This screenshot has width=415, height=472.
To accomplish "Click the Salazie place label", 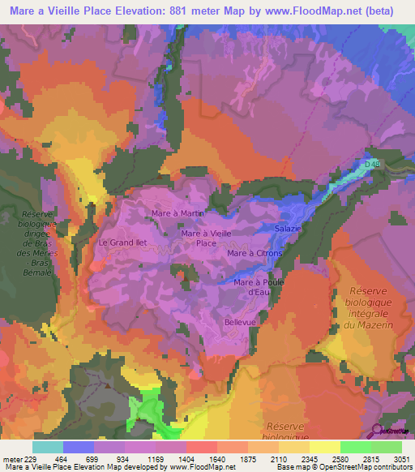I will (x=287, y=229).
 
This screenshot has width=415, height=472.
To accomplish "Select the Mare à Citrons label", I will (x=255, y=254).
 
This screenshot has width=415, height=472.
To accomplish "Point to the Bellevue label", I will (x=241, y=322).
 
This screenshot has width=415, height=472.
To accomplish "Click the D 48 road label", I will (x=372, y=166).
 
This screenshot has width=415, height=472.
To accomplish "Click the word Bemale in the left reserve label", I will (x=36, y=273).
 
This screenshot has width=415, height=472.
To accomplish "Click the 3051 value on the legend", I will (x=402, y=458).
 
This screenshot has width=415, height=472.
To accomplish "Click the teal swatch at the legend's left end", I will (x=48, y=447).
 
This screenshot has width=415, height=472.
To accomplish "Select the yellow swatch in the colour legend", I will (x=324, y=447).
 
